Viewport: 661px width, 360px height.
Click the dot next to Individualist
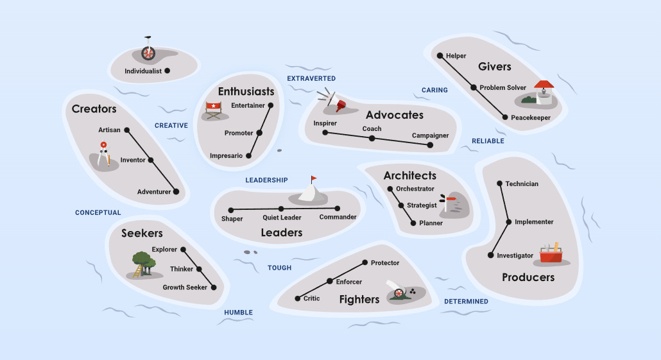click(167, 71)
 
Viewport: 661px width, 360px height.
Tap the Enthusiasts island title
click(246, 92)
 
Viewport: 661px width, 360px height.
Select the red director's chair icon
click(213, 110)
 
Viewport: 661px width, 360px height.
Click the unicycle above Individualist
click(148, 49)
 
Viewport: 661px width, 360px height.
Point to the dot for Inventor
click(151, 160)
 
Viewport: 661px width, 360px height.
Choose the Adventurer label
click(154, 192)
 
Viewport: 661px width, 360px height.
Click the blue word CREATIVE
click(171, 126)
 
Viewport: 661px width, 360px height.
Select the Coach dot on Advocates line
click(372, 138)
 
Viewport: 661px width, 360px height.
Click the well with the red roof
click(544, 92)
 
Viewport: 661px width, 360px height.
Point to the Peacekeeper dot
click(505, 117)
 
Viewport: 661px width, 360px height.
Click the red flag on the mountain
click(314, 179)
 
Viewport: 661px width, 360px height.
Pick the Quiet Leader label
click(282, 218)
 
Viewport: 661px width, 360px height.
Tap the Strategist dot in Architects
click(401, 205)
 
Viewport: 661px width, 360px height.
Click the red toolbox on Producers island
click(551, 253)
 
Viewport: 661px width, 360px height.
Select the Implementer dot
click(509, 222)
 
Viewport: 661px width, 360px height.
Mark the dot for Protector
click(365, 262)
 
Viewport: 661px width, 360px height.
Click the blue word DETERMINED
click(467, 302)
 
